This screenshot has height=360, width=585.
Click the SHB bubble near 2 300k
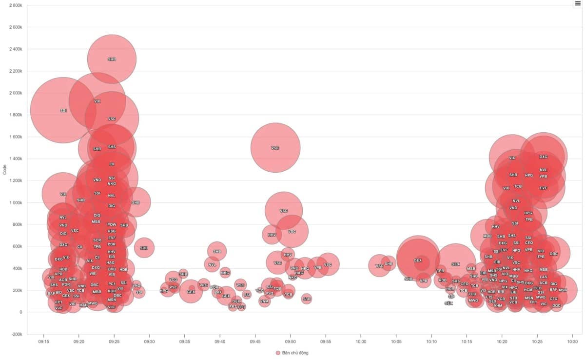point(112,59)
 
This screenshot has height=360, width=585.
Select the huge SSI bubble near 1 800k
point(63,111)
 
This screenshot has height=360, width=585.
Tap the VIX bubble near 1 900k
point(97,101)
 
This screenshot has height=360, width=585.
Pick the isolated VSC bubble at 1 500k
point(275,148)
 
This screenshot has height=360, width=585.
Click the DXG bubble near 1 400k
point(543,157)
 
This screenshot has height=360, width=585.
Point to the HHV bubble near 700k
point(272,235)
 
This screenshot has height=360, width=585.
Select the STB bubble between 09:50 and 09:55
point(306,299)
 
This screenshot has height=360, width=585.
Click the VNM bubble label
point(264,301)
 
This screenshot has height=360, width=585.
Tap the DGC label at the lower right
point(557,306)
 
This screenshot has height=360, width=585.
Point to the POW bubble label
point(112,225)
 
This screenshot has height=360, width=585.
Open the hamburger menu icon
point(578,4)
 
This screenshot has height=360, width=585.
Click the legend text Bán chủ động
point(295,353)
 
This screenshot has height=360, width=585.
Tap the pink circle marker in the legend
point(278,353)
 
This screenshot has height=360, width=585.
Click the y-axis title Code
point(5,170)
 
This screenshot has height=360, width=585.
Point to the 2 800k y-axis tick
point(16,5)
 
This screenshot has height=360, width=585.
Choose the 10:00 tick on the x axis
point(361,342)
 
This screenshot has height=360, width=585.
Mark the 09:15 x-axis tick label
point(44,342)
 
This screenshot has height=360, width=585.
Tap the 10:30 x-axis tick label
point(572,342)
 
